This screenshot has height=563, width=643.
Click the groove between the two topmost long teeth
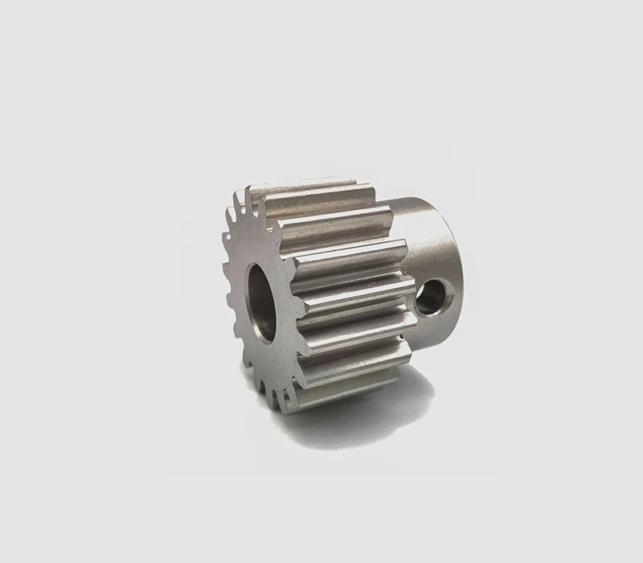pos(321,208)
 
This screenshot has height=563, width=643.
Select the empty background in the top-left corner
pos(48,48)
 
